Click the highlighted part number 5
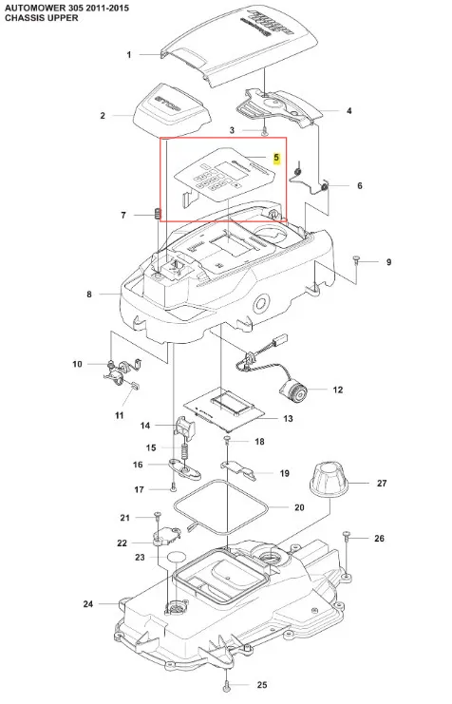(276, 158)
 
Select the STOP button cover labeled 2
(173, 111)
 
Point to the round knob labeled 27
(328, 480)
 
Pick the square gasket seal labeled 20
(220, 507)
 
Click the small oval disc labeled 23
(176, 557)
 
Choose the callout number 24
(88, 604)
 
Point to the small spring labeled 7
(157, 214)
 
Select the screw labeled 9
(356, 259)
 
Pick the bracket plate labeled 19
(238, 468)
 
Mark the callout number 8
(89, 295)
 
